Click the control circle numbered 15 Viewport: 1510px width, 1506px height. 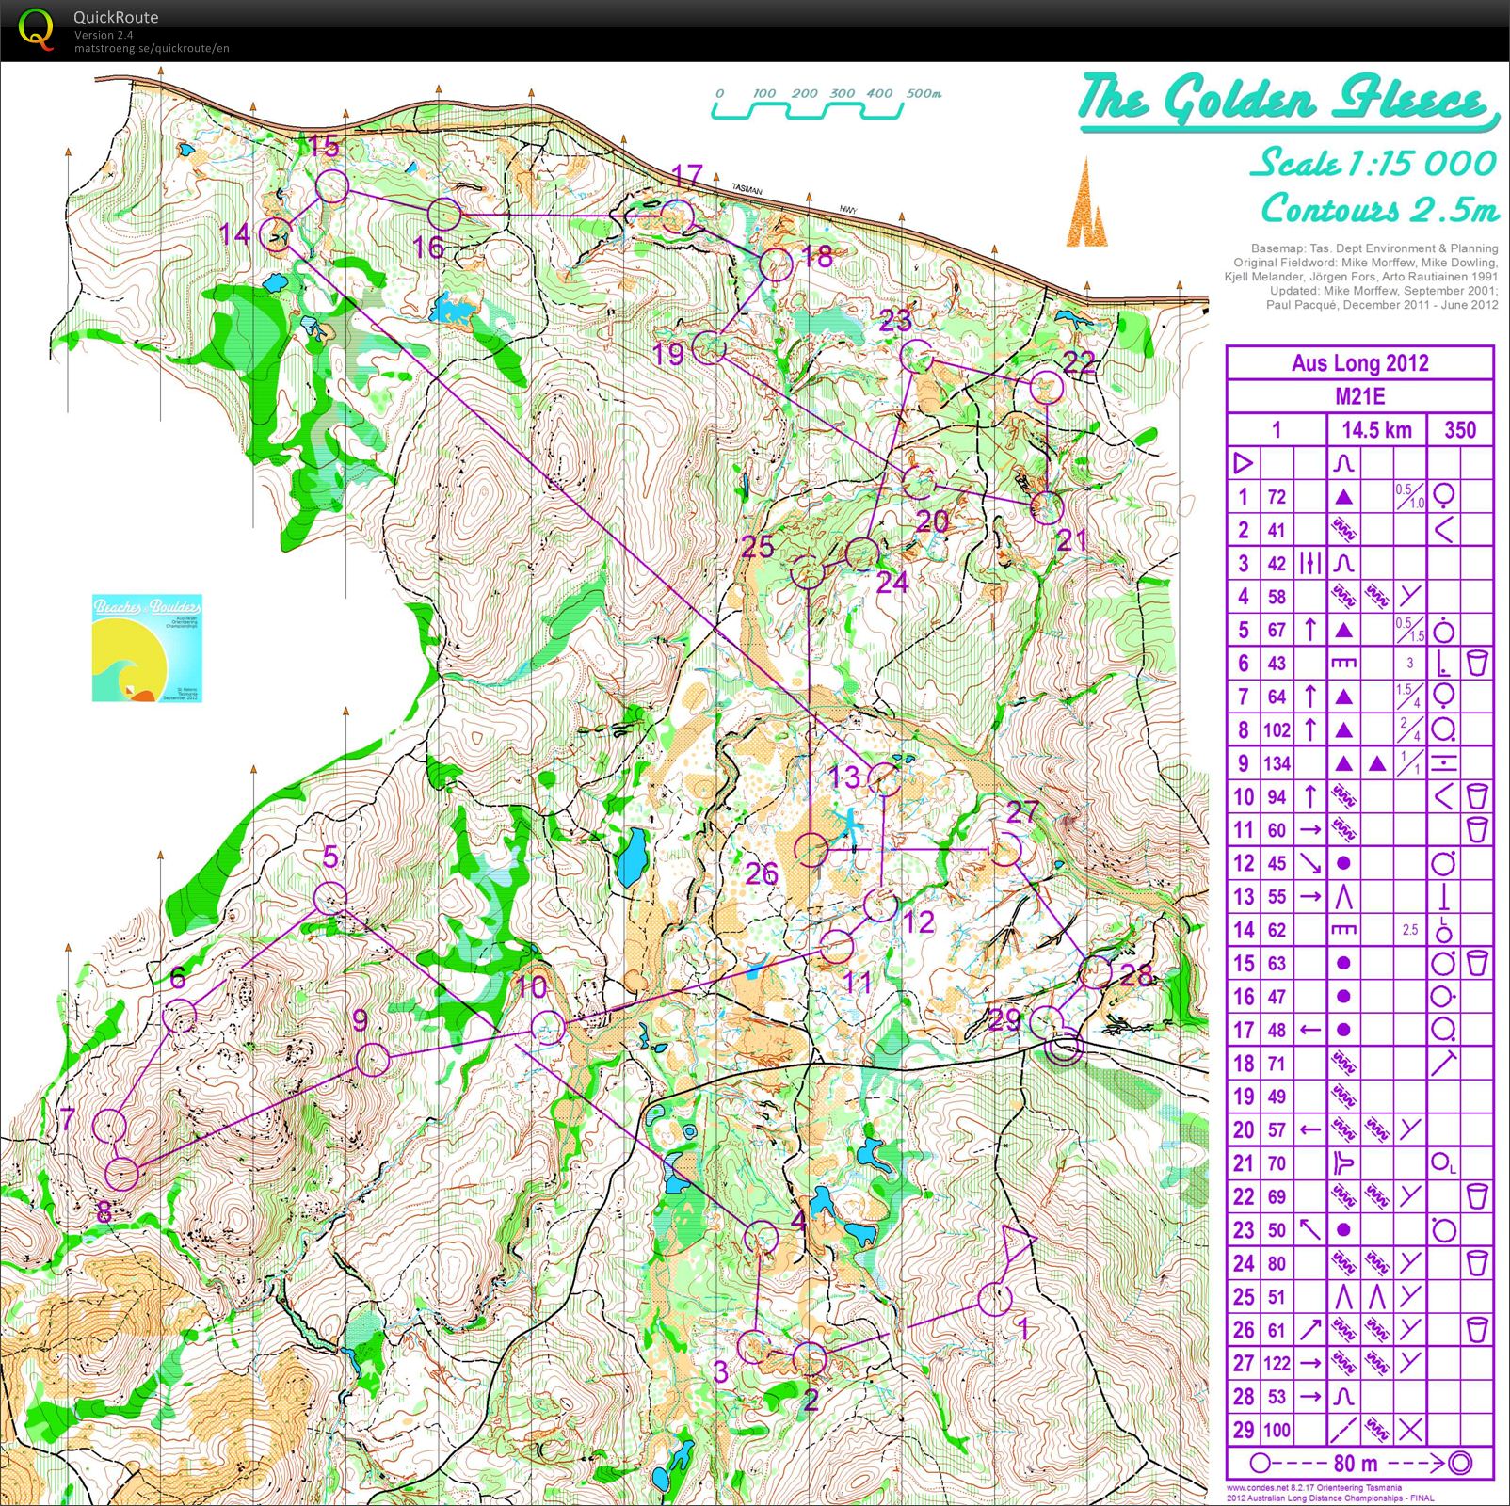point(331,186)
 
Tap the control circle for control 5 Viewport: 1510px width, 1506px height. point(329,898)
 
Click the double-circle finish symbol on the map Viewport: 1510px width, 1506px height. point(1066,1047)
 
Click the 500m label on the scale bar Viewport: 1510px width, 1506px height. point(924,93)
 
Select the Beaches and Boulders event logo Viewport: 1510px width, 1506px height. point(147,648)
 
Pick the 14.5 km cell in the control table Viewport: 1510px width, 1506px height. point(1376,430)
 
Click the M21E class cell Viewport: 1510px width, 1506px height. point(1359,396)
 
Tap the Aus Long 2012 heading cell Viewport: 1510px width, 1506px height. point(1359,363)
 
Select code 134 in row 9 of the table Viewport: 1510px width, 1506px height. point(1277,763)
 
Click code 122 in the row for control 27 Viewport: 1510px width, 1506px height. point(1277,1363)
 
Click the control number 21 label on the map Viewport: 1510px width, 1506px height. point(1072,540)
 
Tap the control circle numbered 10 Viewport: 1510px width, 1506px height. point(548,1027)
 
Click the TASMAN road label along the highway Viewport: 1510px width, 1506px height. point(747,190)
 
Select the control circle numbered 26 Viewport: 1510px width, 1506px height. point(811,849)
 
